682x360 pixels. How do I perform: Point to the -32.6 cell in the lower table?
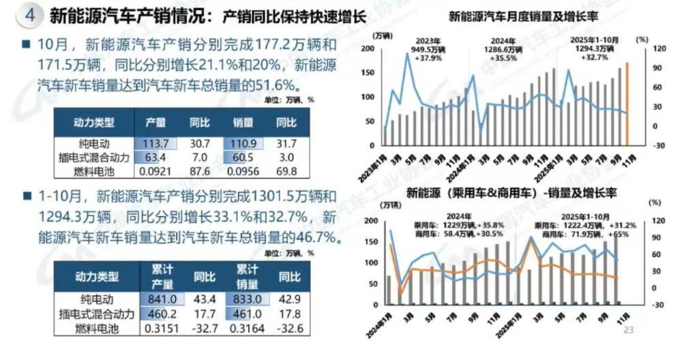pos(287,329)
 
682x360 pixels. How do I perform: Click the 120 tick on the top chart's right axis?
pos(640,49)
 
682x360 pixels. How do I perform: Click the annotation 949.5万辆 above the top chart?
pos(430,49)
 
